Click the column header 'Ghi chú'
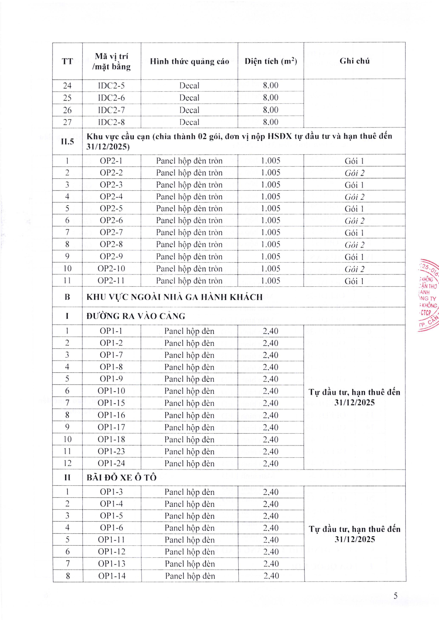click(x=354, y=61)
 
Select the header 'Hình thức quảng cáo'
click(x=189, y=62)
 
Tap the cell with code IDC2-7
click(x=111, y=110)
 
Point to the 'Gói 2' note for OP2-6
click(x=354, y=221)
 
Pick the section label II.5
click(x=67, y=141)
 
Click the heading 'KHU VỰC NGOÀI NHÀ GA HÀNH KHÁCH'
click(x=174, y=297)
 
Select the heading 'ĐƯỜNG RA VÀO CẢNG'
click(x=136, y=316)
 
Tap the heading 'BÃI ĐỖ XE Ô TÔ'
click(x=121, y=478)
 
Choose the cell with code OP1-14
click(x=112, y=576)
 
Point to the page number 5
click(x=395, y=596)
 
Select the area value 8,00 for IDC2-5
click(x=271, y=85)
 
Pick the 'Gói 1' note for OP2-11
click(x=354, y=281)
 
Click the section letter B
click(x=67, y=297)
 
